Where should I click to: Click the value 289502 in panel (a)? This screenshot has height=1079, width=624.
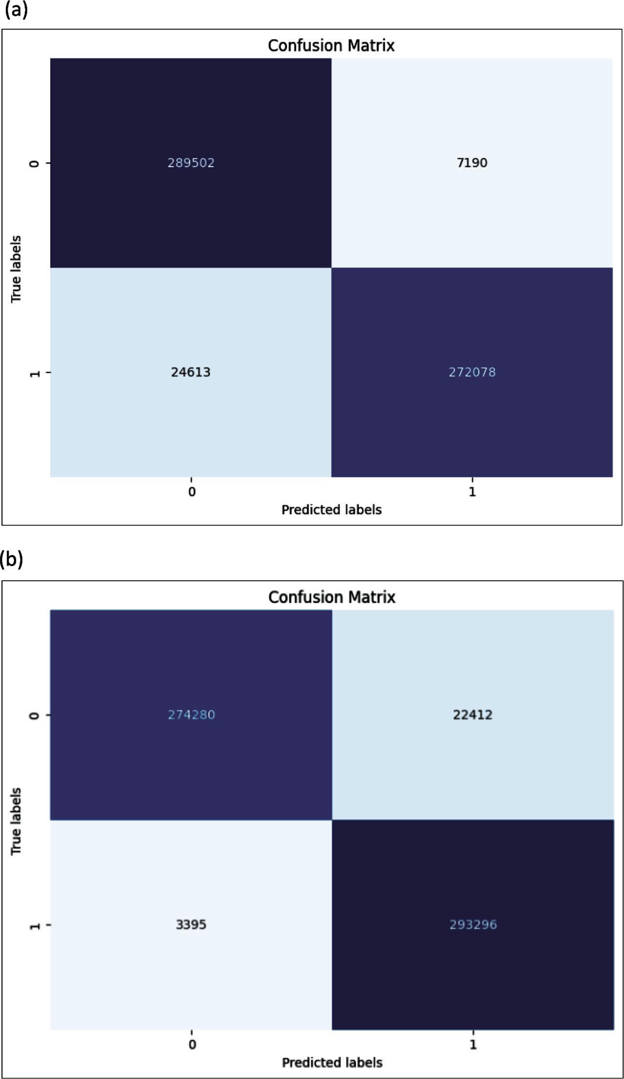(x=191, y=163)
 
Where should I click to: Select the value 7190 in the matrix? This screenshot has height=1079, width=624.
(x=472, y=163)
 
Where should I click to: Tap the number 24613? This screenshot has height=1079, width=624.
(x=191, y=372)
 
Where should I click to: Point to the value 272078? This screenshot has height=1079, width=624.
(x=472, y=372)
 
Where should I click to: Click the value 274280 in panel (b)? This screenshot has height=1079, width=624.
(x=191, y=715)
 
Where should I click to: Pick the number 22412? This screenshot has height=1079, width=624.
(x=472, y=715)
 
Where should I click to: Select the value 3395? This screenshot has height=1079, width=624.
(x=191, y=925)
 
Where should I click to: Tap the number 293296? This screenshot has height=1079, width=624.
(x=473, y=925)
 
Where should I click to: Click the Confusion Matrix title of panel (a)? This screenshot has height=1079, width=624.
(x=331, y=45)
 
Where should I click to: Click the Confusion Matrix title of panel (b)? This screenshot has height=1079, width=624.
(x=331, y=597)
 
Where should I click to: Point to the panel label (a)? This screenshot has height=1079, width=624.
(x=16, y=10)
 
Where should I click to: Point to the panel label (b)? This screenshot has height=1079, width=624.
(x=12, y=559)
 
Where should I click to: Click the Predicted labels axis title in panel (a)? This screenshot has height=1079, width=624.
(x=331, y=510)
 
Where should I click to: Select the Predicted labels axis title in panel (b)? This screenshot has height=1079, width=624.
(x=332, y=1062)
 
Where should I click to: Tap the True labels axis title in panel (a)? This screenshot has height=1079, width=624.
(x=16, y=269)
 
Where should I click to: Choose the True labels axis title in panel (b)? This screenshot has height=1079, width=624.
(x=16, y=821)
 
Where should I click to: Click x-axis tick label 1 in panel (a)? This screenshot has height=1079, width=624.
(x=472, y=492)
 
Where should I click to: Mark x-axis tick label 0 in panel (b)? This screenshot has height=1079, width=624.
(x=192, y=1044)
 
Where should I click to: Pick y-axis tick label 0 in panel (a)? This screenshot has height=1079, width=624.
(x=35, y=163)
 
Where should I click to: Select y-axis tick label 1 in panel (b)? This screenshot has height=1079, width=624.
(x=35, y=925)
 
